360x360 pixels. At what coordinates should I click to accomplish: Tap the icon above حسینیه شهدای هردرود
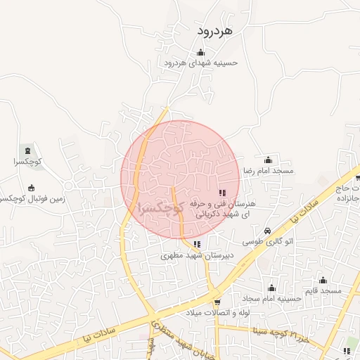point(200,52)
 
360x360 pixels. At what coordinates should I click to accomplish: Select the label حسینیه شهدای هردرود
point(200,63)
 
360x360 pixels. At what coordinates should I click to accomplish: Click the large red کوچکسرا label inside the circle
point(161,209)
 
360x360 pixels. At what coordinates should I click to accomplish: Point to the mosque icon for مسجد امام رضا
point(268,160)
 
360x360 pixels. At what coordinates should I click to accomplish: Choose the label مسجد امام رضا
point(269,171)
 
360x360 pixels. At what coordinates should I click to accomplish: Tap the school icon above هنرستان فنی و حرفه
point(222,193)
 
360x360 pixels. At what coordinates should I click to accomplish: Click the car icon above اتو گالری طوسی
point(268,231)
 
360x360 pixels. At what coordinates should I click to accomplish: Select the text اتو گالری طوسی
point(268,241)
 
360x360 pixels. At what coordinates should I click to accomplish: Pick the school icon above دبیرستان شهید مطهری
point(197,245)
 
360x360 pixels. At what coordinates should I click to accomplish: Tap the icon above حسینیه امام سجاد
point(272,287)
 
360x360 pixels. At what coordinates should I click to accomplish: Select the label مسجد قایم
point(323,290)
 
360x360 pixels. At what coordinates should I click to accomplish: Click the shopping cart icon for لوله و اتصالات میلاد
point(217,302)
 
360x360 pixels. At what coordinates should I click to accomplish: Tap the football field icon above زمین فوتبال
point(31,188)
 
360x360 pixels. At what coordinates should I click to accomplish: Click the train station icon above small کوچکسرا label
point(27,150)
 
